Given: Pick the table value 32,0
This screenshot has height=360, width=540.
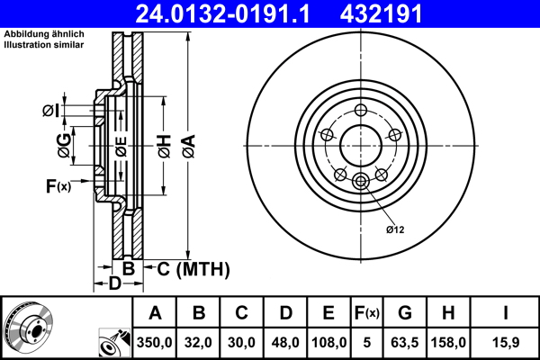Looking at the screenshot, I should pos(199,343).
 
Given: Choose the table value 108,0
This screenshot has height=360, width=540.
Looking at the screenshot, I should pos(328,343).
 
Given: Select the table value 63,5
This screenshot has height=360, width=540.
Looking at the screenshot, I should pos(405,343).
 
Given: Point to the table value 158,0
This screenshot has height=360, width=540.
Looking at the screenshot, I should pos(450,343).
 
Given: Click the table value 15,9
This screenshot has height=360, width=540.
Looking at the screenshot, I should pos(507,343).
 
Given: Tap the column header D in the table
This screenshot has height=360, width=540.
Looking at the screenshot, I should pos(284,313).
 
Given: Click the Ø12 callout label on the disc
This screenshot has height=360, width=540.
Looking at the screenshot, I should pos(395,229).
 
